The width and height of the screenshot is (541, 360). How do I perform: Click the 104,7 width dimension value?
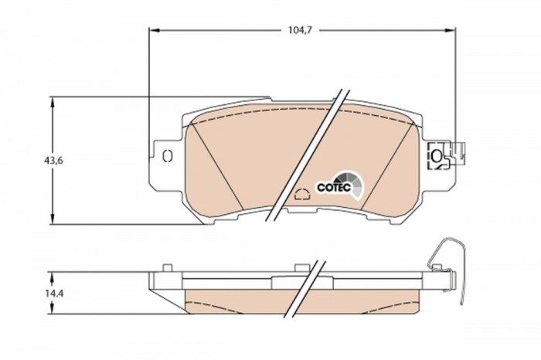pos(299,31)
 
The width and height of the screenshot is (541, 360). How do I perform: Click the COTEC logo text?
pos(334,187)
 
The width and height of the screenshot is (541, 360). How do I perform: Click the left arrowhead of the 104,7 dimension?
pos(153,31)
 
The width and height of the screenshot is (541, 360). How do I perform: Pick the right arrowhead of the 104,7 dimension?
pos(450,31)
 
